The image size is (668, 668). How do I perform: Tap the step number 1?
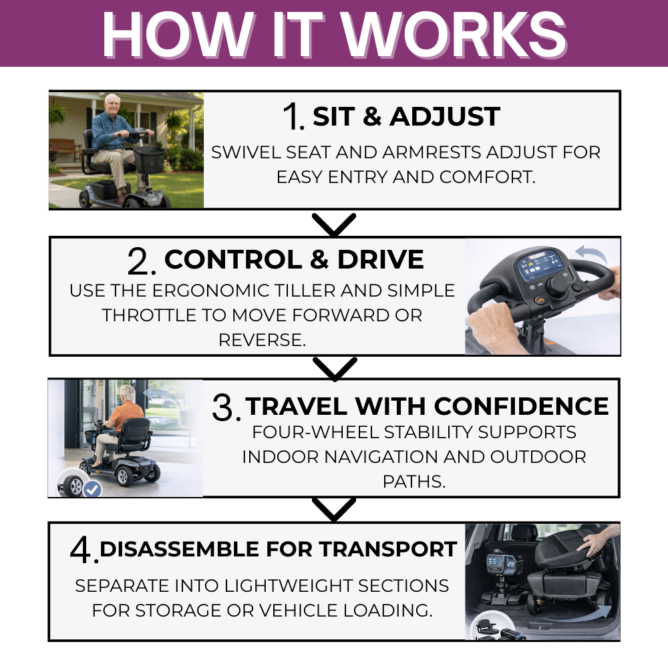point(293,118)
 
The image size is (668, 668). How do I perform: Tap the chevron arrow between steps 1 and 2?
point(334,224)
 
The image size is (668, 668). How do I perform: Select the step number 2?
point(141,262)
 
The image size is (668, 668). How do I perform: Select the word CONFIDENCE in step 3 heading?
point(521,406)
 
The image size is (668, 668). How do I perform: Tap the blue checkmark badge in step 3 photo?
point(92,490)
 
